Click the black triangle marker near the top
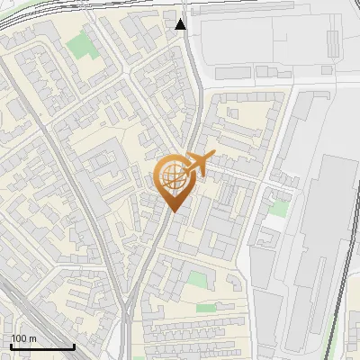click(181, 24)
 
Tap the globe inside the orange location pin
click(173, 177)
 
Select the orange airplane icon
click(198, 165)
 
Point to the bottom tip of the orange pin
click(173, 211)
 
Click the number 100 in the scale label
click(18, 338)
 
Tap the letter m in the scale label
click(31, 338)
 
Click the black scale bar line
click(42, 346)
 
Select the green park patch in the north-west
click(82, 43)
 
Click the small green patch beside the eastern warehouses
click(279, 209)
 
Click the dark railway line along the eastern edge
click(341, 297)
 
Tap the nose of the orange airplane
click(212, 156)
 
